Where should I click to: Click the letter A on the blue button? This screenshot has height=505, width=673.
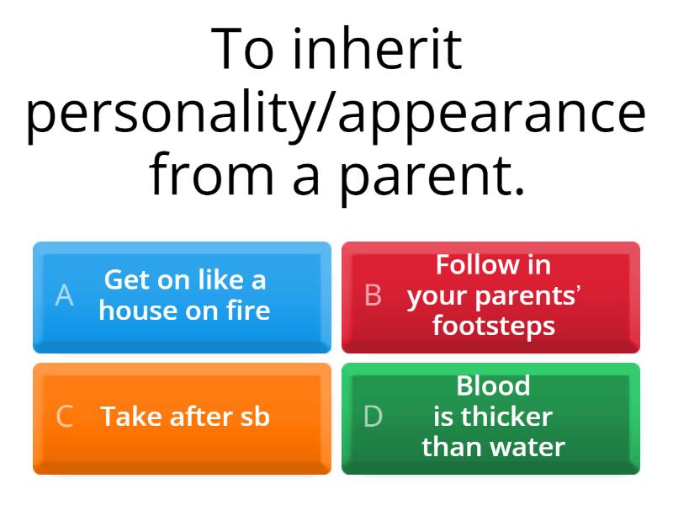pos(64,295)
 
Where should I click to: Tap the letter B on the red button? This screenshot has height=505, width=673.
pos(373,295)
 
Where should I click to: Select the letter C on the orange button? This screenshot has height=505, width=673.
pos(64,417)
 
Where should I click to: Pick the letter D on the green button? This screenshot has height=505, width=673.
pos(373,417)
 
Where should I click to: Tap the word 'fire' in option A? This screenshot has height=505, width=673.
pos(246,311)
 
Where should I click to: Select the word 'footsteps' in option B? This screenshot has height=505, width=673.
pos(494,326)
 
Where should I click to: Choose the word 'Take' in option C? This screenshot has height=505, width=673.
pos(130,417)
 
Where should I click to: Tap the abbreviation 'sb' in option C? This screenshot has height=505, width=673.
pos(253,417)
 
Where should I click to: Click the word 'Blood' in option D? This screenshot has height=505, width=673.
pos(493,386)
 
